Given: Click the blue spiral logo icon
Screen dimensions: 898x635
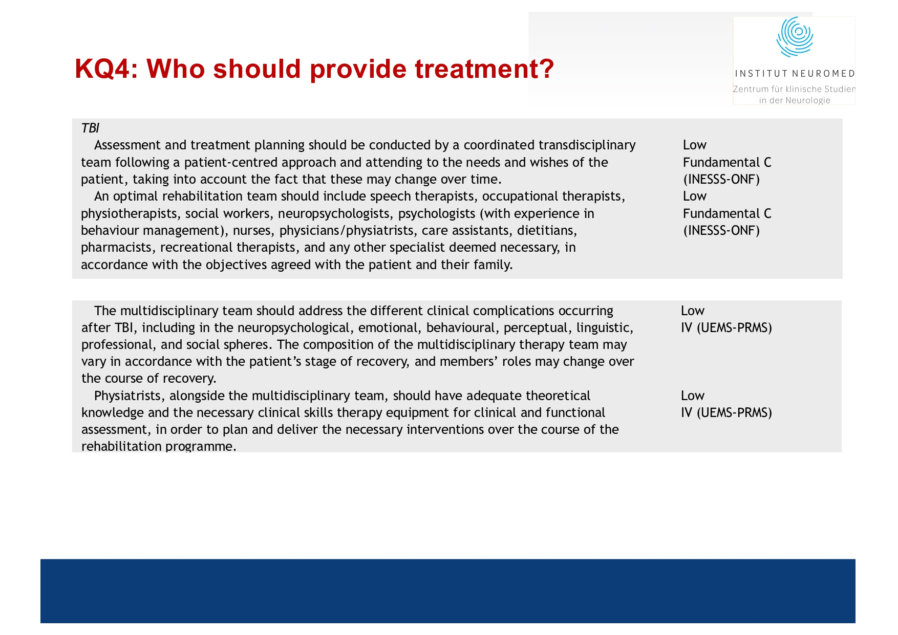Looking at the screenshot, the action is tap(795, 37).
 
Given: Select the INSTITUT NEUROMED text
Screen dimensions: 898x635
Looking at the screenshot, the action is tap(795, 74).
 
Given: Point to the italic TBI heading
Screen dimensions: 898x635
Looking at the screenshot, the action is tap(90, 128).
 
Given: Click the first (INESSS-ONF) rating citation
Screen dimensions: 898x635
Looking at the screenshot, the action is tap(721, 180).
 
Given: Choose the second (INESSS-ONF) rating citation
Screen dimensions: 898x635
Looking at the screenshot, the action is tap(721, 231).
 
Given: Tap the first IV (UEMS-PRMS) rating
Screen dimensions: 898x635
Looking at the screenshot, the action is tap(726, 328).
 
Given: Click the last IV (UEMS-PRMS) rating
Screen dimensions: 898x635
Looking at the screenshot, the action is tap(726, 413).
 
